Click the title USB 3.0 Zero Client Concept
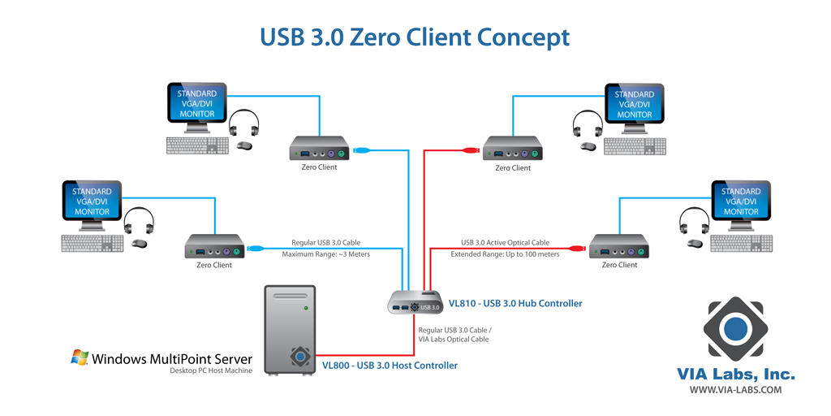tap(415, 37)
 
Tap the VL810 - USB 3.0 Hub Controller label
tap(515, 303)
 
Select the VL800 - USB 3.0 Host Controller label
tap(390, 366)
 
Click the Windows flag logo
tap(80, 357)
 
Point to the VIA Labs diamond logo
tap(735, 329)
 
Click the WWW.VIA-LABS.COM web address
tap(735, 390)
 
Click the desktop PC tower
tap(289, 331)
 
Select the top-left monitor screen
tap(196, 104)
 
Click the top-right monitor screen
tap(634, 104)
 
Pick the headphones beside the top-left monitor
tap(243, 124)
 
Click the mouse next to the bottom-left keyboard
tap(140, 243)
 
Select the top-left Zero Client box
tap(318, 149)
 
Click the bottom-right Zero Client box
tap(618, 246)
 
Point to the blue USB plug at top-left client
tap(363, 150)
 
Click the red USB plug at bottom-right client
tap(578, 249)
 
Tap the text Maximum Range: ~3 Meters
tap(325, 254)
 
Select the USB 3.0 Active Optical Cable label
tap(505, 242)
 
